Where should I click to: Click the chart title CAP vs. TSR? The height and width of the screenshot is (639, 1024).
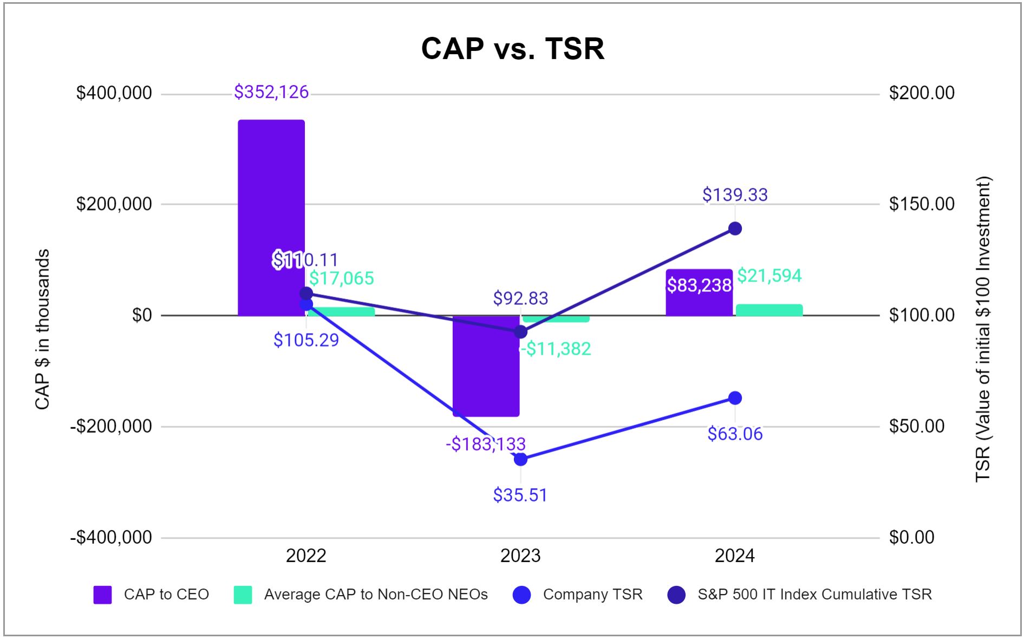point(512,49)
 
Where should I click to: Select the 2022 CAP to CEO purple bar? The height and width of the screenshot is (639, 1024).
point(271,217)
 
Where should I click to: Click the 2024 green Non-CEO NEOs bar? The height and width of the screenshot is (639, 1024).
point(769,310)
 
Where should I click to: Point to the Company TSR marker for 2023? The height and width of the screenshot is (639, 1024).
point(520,459)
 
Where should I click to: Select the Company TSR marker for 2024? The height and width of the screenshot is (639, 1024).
point(735,398)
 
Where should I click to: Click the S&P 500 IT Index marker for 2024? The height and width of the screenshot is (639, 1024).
point(735,229)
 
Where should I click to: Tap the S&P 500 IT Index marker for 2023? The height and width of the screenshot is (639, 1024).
point(520,332)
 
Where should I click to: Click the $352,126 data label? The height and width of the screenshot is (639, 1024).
point(271,92)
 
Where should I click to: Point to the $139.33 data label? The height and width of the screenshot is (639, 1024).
point(735,195)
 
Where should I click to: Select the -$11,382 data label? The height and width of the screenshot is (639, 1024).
point(556,349)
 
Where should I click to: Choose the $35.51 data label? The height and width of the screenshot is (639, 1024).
point(520,495)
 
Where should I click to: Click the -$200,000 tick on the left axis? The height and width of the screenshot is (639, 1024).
point(112,427)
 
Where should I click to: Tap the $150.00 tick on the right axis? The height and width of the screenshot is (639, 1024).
point(922,204)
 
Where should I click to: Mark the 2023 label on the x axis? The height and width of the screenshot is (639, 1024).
point(520,556)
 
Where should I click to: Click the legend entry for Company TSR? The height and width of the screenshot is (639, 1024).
point(592,595)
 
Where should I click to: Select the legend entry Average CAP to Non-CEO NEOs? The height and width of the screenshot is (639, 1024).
point(375,595)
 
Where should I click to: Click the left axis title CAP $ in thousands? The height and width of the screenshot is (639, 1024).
point(42,329)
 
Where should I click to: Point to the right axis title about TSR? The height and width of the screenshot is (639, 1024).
point(982,329)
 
